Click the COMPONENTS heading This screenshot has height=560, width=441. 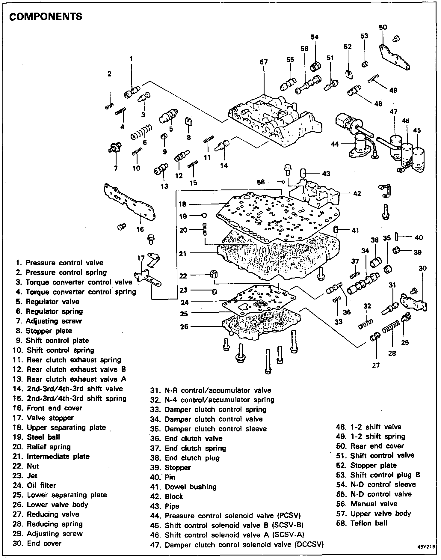coord(46,17)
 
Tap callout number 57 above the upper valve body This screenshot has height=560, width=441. coord(264,62)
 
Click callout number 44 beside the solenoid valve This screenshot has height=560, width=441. coord(334,144)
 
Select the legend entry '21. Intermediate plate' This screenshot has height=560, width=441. coord(51,457)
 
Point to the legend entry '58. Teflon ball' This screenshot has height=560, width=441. coord(362,523)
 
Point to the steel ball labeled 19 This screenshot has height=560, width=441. coord(204,215)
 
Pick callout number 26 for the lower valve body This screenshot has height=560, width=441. coord(184,326)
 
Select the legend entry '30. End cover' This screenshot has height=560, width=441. coord(37,543)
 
